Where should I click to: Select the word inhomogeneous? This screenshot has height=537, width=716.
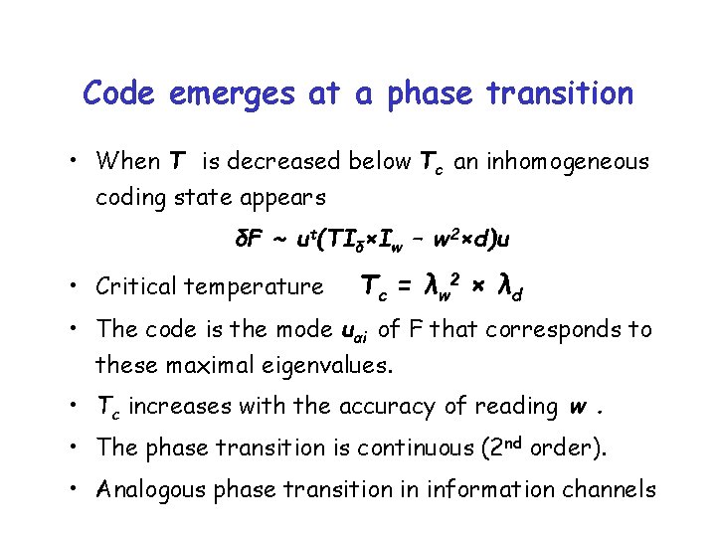[568, 161]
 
